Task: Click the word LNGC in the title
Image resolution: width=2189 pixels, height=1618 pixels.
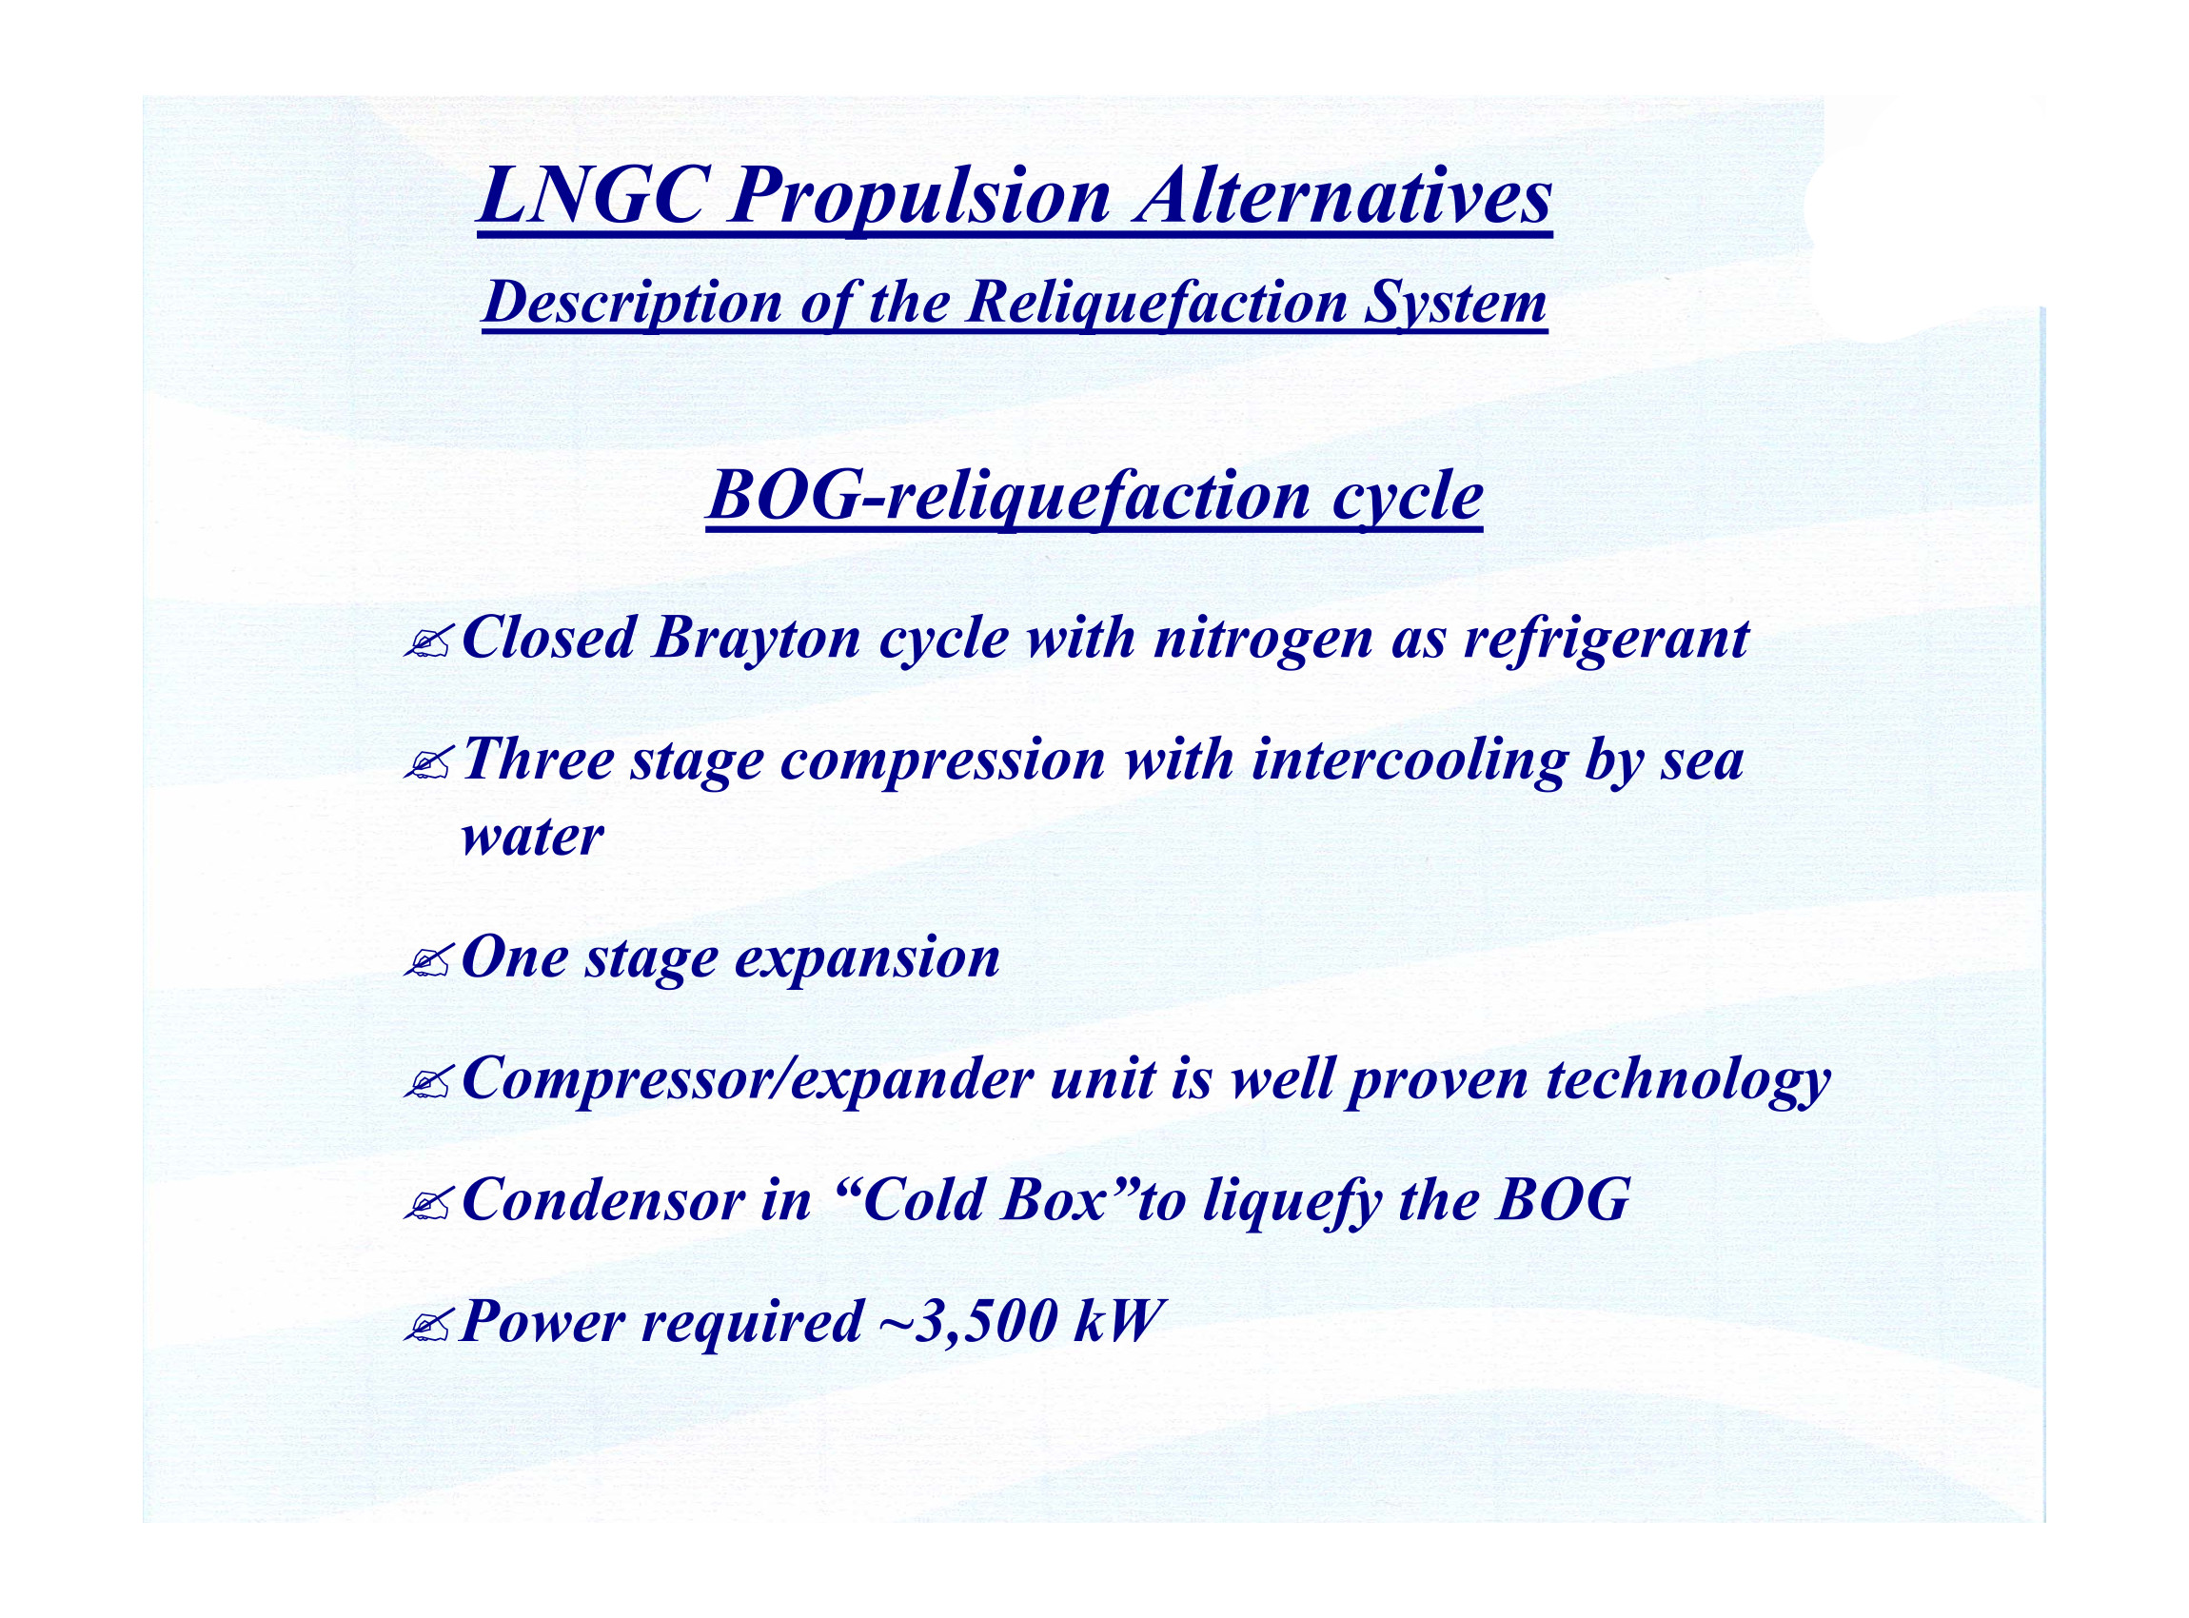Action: click(592, 195)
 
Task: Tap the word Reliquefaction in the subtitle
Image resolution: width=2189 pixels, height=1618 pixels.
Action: click(1155, 303)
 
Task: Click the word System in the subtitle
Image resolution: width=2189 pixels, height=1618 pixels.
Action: click(1455, 305)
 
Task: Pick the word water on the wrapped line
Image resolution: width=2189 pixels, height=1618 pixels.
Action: click(532, 839)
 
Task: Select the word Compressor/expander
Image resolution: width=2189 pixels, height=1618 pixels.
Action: click(747, 1080)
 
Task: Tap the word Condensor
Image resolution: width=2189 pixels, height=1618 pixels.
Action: click(602, 1201)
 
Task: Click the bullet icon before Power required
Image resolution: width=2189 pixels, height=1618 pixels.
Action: click(428, 1325)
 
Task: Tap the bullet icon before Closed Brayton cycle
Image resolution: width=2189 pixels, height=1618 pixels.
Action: click(428, 643)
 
